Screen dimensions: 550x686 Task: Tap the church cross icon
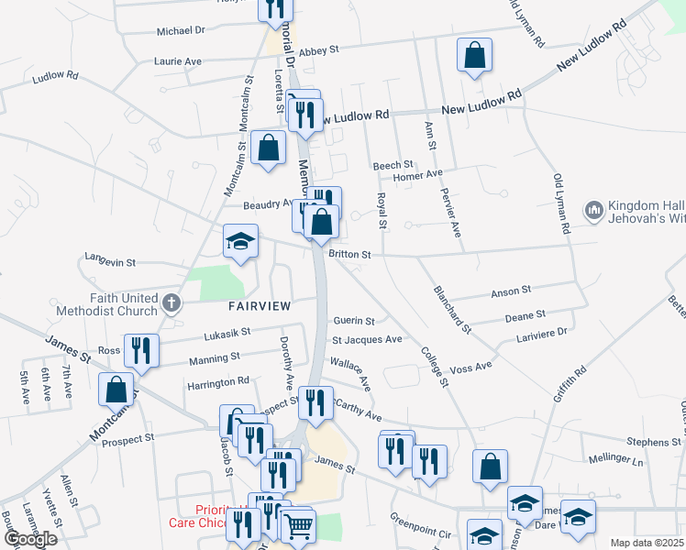click(171, 303)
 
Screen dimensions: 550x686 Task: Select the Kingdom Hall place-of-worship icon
click(593, 211)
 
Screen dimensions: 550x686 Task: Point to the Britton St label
click(349, 254)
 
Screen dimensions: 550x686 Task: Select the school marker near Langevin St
click(240, 242)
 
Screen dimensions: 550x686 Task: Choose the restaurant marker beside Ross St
click(141, 350)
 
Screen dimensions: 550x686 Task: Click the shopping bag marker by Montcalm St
click(117, 389)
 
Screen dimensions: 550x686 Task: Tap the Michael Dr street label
click(181, 30)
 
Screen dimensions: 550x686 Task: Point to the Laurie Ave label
click(178, 60)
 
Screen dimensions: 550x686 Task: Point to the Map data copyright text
click(647, 543)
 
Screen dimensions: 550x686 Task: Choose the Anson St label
click(511, 291)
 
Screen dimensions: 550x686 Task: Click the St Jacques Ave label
click(366, 339)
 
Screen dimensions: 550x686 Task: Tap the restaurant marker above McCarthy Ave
click(315, 402)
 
